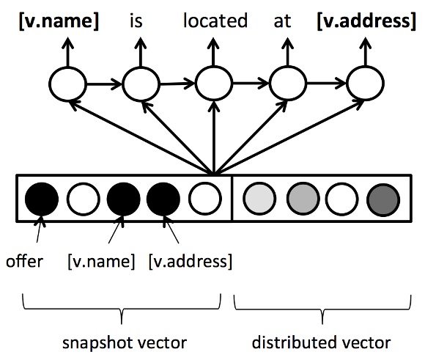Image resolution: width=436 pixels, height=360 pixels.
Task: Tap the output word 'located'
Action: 215,21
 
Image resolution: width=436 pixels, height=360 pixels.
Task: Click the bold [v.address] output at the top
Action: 366,21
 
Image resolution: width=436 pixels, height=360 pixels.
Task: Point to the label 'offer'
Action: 24,262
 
